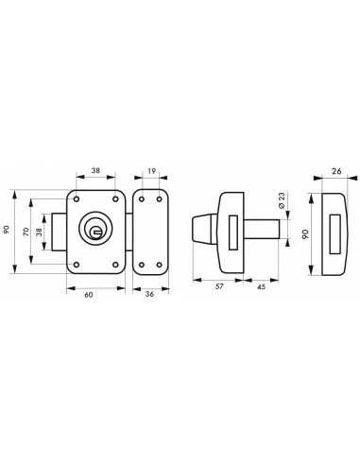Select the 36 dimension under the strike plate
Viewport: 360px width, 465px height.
[x=148, y=296]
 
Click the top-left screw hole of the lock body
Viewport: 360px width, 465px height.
[x=76, y=200]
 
